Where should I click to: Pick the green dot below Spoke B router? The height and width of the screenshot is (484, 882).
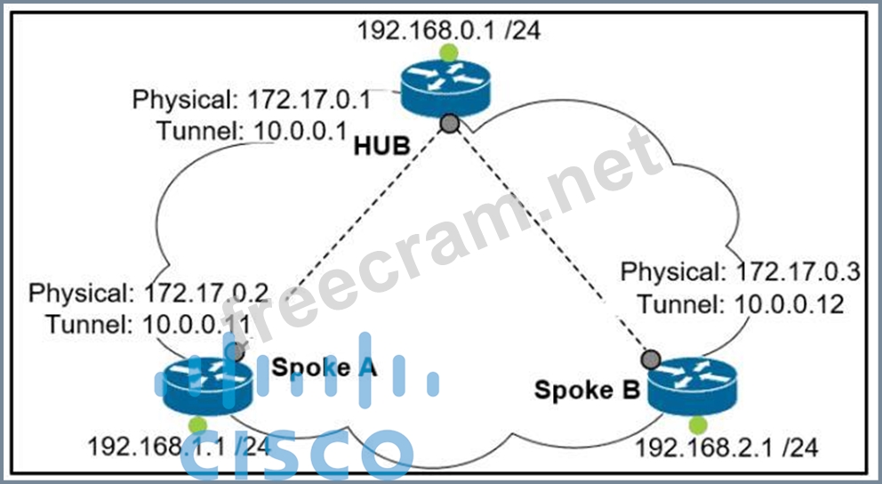(x=697, y=424)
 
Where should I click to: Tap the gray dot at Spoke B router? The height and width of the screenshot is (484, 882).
(x=652, y=359)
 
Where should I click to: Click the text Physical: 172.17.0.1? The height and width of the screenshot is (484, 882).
(x=252, y=99)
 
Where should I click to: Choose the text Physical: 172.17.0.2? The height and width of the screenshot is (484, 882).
(x=148, y=293)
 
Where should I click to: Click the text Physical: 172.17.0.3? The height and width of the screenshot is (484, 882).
(x=740, y=273)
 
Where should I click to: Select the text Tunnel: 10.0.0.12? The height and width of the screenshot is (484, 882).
(x=740, y=305)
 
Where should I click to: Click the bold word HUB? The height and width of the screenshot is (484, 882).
(x=382, y=146)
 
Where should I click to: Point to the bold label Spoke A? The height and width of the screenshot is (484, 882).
(x=325, y=367)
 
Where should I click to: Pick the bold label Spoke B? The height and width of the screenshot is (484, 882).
(x=587, y=390)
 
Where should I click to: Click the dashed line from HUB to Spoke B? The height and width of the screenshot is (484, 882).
(x=551, y=240)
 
